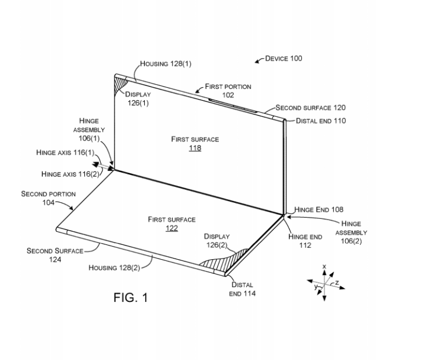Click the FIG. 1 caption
[x=130, y=297]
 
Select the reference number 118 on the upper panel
[x=195, y=148]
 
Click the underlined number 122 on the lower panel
[x=171, y=228]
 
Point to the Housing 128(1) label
[x=167, y=63]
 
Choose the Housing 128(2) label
[x=114, y=267]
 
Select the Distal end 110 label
[x=321, y=121]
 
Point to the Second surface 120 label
[x=310, y=108]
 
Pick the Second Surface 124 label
[x=55, y=255]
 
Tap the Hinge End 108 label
[x=319, y=209]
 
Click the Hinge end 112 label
[x=305, y=241]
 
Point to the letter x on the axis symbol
[x=324, y=267]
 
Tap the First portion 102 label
[x=228, y=90]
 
